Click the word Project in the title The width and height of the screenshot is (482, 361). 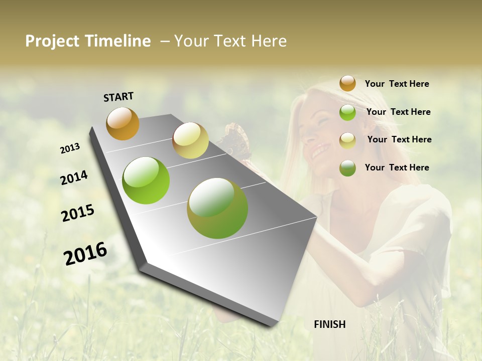pyautogui.click(x=52, y=41)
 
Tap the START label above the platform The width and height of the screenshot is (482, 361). pyautogui.click(x=118, y=97)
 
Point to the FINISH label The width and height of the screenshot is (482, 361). pyautogui.click(x=330, y=324)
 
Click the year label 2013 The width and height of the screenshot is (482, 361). pyautogui.click(x=70, y=148)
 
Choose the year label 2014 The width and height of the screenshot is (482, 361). pyautogui.click(x=74, y=178)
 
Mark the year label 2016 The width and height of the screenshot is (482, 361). pyautogui.click(x=85, y=253)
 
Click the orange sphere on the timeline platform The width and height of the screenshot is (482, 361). pyautogui.click(x=123, y=123)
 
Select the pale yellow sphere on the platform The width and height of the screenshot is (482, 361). pyautogui.click(x=190, y=140)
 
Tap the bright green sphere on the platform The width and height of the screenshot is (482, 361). pyautogui.click(x=146, y=180)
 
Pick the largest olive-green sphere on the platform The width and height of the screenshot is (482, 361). pyautogui.click(x=217, y=208)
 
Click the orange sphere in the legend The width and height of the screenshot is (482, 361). pyautogui.click(x=347, y=83)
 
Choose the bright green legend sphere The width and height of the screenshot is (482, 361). pyautogui.click(x=347, y=112)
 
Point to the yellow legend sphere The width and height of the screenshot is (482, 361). pyautogui.click(x=347, y=140)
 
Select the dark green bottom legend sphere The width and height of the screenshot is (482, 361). pyautogui.click(x=347, y=168)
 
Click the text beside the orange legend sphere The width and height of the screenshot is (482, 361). pyautogui.click(x=397, y=84)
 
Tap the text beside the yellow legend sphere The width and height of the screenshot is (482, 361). pyautogui.click(x=399, y=139)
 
